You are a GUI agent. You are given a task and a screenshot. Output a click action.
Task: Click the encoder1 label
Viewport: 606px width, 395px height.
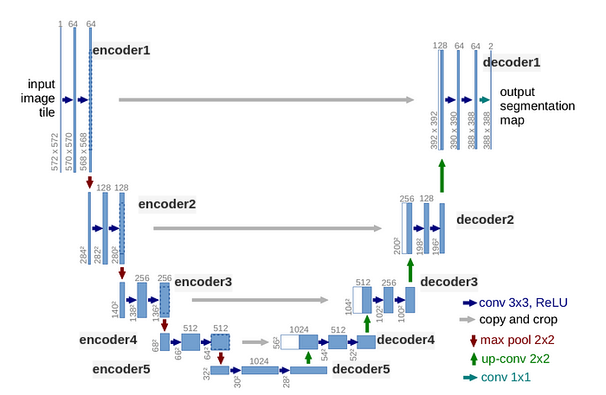[121, 50]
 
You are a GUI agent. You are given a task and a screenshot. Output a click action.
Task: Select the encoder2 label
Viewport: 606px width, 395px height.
[167, 205]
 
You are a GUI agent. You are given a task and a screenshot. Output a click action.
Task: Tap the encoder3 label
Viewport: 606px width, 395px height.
[203, 282]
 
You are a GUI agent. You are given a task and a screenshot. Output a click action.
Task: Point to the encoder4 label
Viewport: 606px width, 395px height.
[108, 340]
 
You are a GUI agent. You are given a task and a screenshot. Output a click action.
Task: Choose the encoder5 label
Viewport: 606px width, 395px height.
[121, 370]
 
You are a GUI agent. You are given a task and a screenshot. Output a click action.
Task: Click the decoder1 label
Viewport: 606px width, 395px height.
[512, 62]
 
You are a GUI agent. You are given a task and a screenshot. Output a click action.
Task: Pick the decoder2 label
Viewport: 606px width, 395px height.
[485, 220]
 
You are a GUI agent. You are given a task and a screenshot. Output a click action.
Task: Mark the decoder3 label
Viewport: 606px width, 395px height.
[449, 282]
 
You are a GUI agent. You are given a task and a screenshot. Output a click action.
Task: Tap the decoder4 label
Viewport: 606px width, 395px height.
[406, 340]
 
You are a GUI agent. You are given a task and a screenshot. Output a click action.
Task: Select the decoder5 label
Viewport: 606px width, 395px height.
[361, 370]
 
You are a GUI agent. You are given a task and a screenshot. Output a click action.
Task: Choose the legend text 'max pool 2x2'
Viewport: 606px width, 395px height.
[519, 340]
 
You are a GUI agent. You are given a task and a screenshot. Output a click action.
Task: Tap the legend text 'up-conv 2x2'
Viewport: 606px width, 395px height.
[517, 359]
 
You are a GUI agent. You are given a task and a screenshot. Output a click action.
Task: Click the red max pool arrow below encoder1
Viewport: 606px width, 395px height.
[89, 182]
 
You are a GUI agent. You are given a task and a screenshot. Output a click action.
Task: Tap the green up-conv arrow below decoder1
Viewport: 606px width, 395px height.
[442, 175]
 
